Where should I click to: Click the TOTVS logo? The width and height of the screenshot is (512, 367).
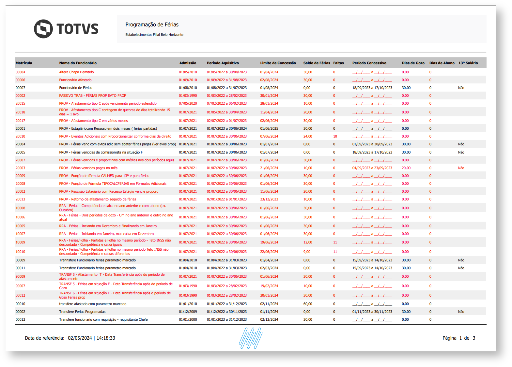[x=66, y=29]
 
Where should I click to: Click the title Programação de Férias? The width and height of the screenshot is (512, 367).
[x=152, y=24]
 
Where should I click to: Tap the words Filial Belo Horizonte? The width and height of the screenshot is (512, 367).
[x=168, y=35]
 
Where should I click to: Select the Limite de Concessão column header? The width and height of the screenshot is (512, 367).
[x=278, y=63]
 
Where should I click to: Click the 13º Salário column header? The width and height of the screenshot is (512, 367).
[x=468, y=63]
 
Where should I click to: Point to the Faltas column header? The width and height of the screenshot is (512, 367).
[x=338, y=63]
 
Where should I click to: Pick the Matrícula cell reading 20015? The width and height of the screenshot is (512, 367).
[x=20, y=103]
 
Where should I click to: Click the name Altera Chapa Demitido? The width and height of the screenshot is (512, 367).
[x=76, y=72]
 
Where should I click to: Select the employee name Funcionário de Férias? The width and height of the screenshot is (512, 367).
[x=76, y=88]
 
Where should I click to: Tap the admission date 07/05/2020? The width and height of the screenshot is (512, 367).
[x=188, y=103]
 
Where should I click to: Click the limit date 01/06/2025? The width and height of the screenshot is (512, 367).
[x=269, y=128]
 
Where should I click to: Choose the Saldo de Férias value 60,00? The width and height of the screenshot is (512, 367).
[x=308, y=304]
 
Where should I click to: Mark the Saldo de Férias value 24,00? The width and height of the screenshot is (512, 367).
[x=308, y=136]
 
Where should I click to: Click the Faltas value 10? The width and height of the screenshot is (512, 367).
[x=335, y=136]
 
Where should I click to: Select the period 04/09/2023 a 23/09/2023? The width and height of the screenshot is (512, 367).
[x=372, y=168]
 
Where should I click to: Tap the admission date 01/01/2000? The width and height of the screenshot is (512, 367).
[x=188, y=319]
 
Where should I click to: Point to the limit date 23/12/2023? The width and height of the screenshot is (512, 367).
[x=269, y=199]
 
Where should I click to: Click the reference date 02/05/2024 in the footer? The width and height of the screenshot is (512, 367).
[x=80, y=338]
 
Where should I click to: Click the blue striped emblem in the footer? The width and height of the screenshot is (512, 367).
[x=251, y=338]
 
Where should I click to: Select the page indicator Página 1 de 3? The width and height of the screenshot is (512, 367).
[x=458, y=338]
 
